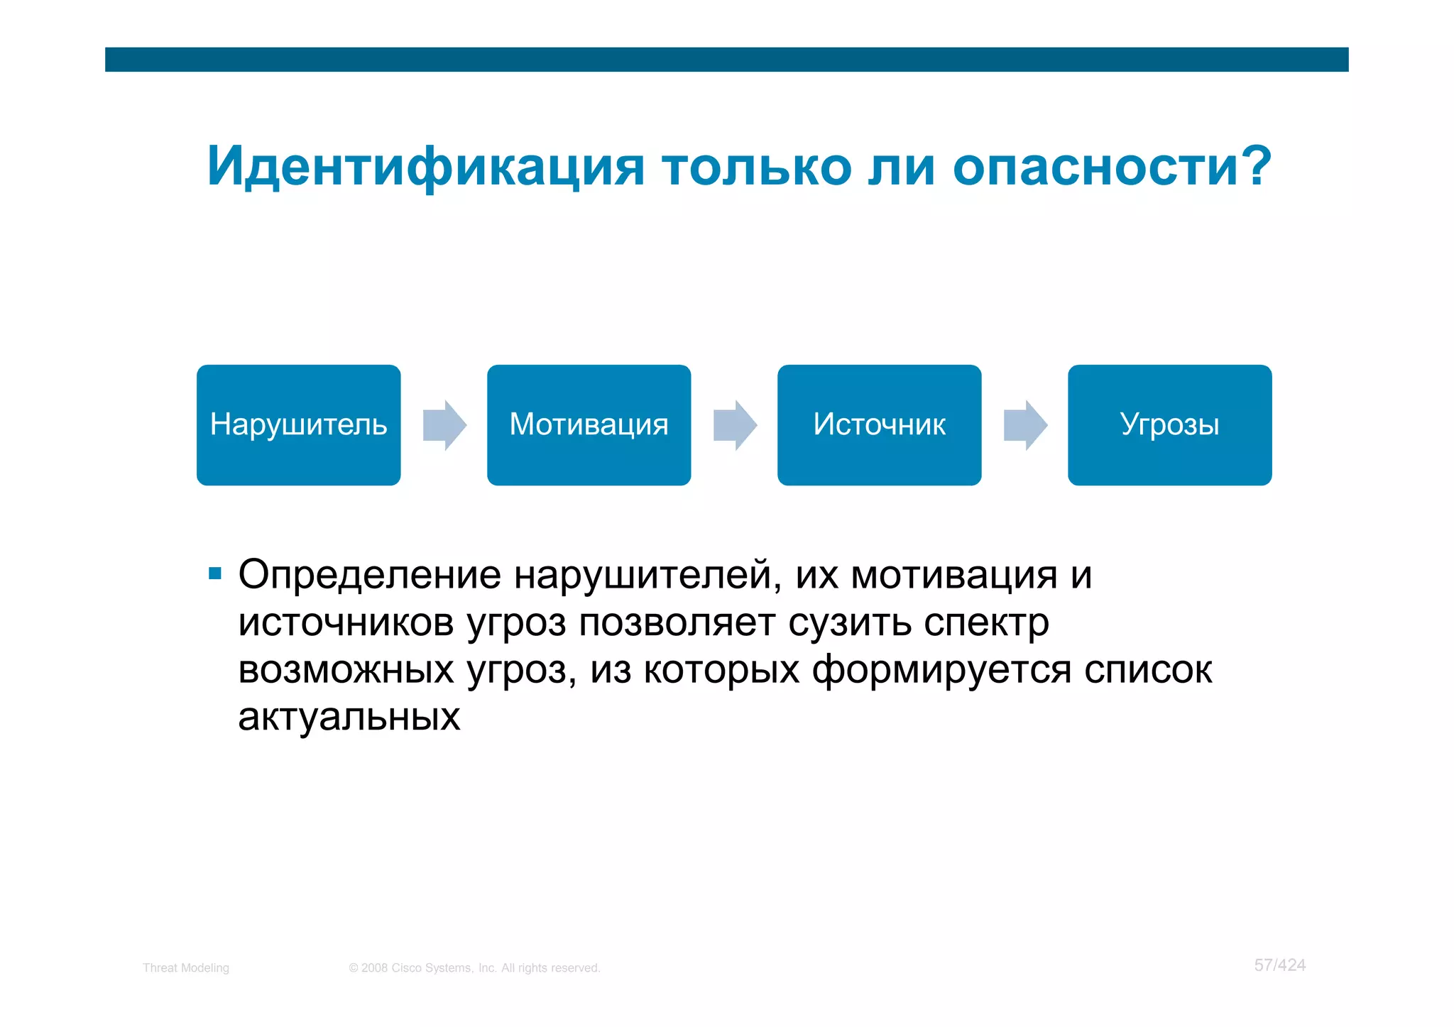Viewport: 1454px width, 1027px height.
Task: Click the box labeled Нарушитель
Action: coord(298,424)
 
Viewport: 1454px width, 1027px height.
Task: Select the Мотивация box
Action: coord(589,424)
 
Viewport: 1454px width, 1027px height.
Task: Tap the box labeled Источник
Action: coord(879,424)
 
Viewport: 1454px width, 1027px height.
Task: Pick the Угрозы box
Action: coord(1169,424)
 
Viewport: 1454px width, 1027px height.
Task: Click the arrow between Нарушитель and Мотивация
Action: coord(444,425)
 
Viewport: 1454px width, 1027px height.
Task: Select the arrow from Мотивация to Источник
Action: coord(735,425)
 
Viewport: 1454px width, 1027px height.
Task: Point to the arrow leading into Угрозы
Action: coord(1025,425)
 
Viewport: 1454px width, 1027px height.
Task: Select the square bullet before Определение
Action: coord(215,573)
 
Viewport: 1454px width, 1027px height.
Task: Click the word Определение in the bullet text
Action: coord(369,575)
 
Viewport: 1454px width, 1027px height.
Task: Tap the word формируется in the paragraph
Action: coord(941,670)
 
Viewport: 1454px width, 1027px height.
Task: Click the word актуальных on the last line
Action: coord(349,717)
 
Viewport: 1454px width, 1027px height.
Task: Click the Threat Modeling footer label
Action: coord(186,968)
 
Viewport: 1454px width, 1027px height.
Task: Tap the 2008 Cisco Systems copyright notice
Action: coord(474,968)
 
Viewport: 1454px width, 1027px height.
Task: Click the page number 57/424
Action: coord(1279,965)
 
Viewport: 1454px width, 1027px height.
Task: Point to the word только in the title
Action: coord(757,167)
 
